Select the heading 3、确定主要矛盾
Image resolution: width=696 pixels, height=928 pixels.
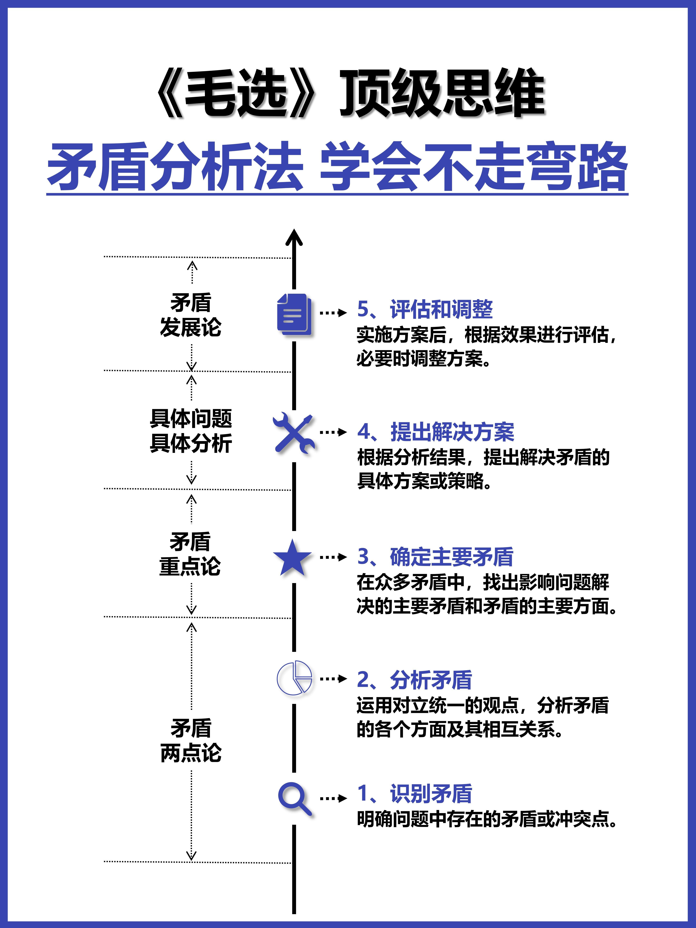pyautogui.click(x=435, y=557)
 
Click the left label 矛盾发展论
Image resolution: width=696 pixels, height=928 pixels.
pyautogui.click(x=191, y=315)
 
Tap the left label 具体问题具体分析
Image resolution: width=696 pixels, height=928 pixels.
pyautogui.click(x=191, y=431)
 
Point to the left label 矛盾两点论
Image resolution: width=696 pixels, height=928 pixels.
pyautogui.click(x=191, y=740)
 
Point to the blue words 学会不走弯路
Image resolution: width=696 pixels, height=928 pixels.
pyautogui.click(x=473, y=167)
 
